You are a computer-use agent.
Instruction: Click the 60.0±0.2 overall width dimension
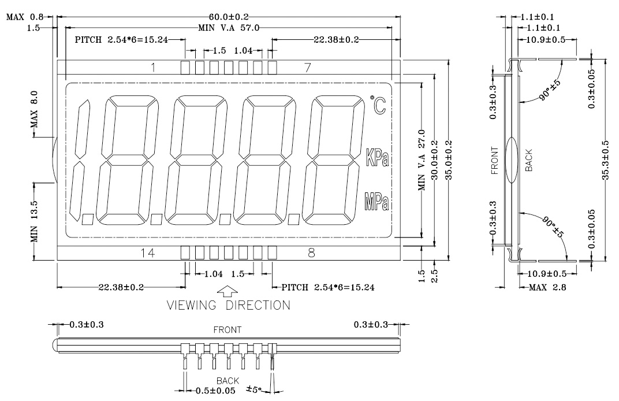point(229,17)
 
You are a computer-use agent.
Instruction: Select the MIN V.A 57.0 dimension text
point(229,28)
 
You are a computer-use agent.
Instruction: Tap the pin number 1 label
point(153,68)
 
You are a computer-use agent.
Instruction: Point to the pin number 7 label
point(308,68)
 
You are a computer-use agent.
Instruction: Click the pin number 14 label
point(148,253)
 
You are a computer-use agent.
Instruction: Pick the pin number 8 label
point(311,253)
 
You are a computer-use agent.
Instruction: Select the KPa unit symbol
point(378,157)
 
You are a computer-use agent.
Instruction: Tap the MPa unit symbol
point(377,201)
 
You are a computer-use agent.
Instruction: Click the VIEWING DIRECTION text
point(229,305)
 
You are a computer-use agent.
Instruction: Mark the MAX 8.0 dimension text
point(34,109)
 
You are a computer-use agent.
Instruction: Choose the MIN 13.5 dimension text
point(34,221)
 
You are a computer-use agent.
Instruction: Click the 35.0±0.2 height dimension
point(449,160)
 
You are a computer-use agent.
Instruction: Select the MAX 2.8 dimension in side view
point(547,287)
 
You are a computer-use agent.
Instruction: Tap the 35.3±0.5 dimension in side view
point(605,160)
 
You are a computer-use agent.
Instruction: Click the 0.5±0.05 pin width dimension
point(215,391)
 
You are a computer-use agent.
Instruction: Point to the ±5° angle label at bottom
point(254,389)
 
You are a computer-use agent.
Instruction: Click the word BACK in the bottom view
point(228,380)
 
